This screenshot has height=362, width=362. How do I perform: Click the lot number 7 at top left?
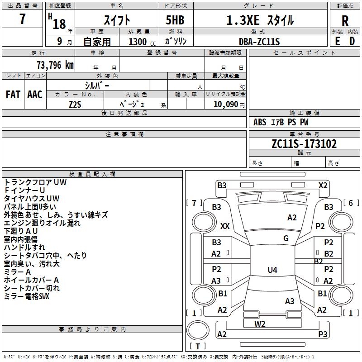(x=23, y=20)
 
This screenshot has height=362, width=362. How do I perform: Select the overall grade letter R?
(x=345, y=21)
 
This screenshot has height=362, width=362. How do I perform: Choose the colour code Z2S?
(x=75, y=104)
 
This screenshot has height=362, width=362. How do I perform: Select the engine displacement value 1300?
(x=138, y=42)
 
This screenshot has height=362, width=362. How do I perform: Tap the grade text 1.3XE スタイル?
(x=260, y=20)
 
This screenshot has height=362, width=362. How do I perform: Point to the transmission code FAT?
(x=13, y=95)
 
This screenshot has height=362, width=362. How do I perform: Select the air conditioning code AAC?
(x=35, y=95)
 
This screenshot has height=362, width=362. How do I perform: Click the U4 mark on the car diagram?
(x=272, y=270)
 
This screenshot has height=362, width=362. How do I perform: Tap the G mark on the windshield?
(x=286, y=238)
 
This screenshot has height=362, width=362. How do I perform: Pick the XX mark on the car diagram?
(x=225, y=226)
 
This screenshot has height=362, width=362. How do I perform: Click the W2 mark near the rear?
(x=260, y=324)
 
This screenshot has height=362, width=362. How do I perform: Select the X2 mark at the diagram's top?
(x=323, y=185)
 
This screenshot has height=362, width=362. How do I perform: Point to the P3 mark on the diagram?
(x=323, y=334)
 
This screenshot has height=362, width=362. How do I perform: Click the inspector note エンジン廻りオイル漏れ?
(x=42, y=223)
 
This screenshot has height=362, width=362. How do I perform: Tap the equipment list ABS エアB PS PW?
(x=281, y=122)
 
